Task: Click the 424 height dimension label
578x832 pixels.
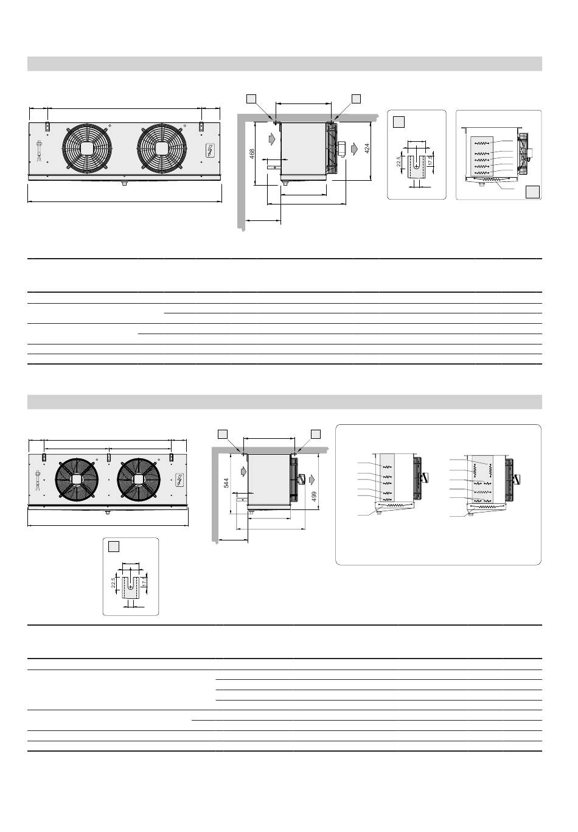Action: pyautogui.click(x=367, y=149)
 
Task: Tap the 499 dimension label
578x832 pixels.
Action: pyautogui.click(x=314, y=497)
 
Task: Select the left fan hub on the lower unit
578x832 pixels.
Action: pyautogui.click(x=77, y=479)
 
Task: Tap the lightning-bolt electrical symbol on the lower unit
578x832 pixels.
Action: pyautogui.click(x=179, y=479)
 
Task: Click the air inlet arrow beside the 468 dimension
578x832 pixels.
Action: pyautogui.click(x=271, y=139)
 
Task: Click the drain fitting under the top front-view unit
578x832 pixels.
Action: pyautogui.click(x=124, y=183)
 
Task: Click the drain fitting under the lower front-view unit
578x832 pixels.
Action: pyautogui.click(x=108, y=512)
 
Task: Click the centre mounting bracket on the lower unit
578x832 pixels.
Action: pyautogui.click(x=108, y=456)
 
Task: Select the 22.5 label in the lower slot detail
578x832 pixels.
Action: pyautogui.click(x=113, y=582)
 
